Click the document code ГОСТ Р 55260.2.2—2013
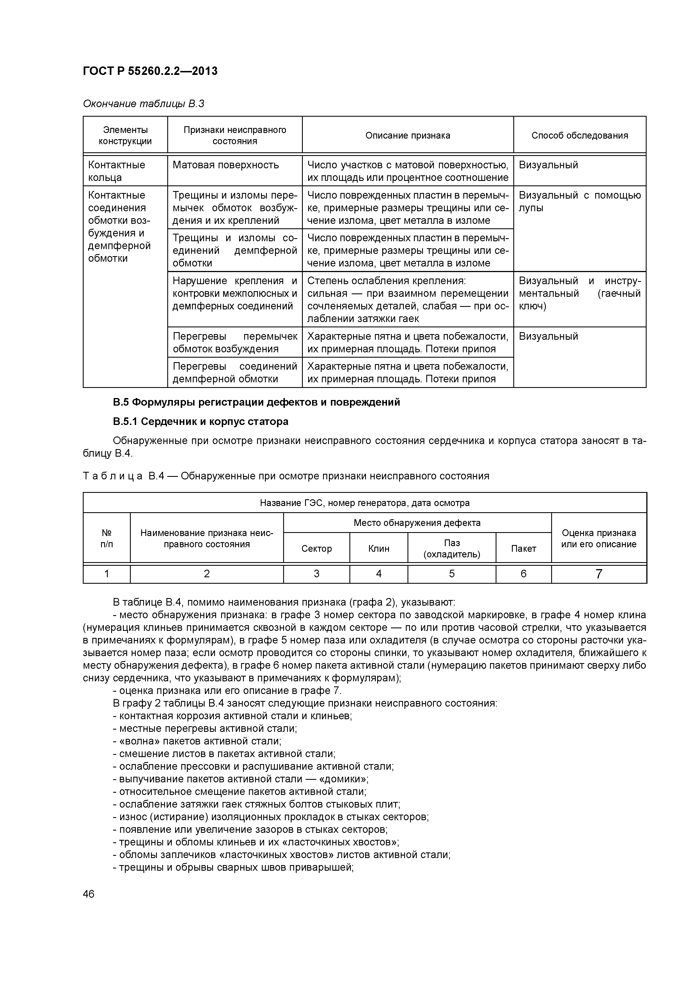(150, 71)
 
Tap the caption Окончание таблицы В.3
(143, 104)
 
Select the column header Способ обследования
(579, 135)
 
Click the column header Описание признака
(407, 135)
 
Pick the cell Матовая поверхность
(226, 165)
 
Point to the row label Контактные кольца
(117, 171)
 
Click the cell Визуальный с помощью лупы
(579, 201)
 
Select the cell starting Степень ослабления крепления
(407, 300)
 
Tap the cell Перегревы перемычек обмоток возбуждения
(235, 342)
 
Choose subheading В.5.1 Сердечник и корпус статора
(200, 422)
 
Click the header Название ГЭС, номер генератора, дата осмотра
(365, 503)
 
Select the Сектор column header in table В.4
(317, 549)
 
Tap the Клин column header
(379, 549)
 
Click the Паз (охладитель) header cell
(452, 549)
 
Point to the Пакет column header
(523, 549)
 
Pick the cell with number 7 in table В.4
(599, 574)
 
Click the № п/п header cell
(106, 538)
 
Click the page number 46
(89, 895)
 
